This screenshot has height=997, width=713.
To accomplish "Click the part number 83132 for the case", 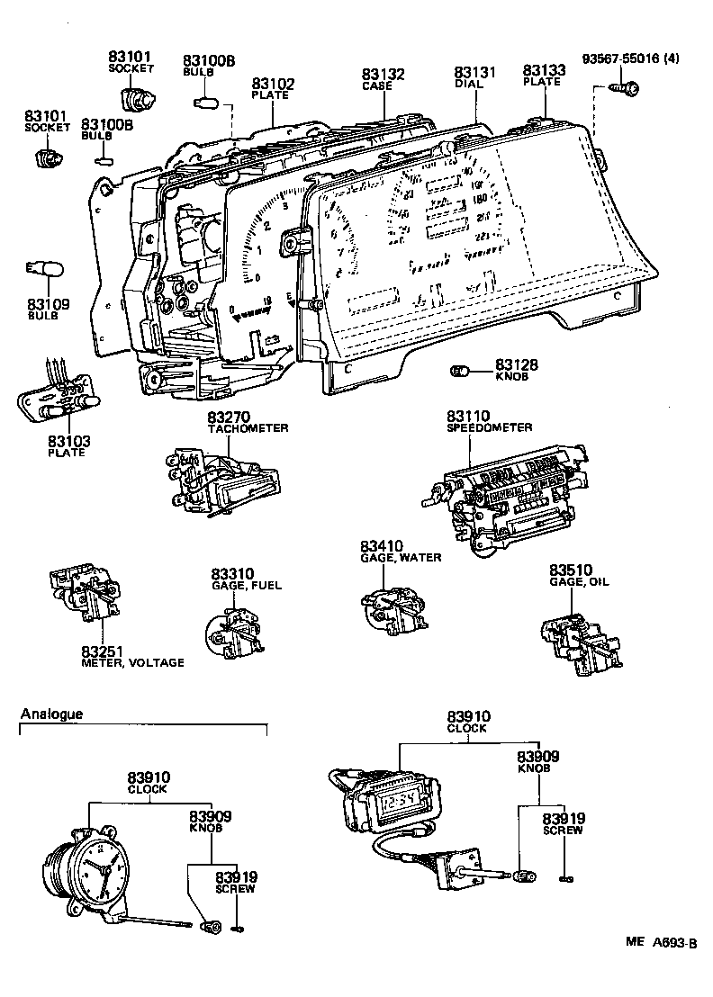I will pos(384,74).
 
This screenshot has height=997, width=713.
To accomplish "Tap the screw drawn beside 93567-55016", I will pos(627,87).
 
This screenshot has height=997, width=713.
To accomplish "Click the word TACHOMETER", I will pos(248,428).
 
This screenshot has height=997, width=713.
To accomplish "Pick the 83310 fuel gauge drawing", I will pos(236,629).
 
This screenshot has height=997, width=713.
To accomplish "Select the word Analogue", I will pos(51,714).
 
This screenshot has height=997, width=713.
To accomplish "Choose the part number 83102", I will pos(273,84).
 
